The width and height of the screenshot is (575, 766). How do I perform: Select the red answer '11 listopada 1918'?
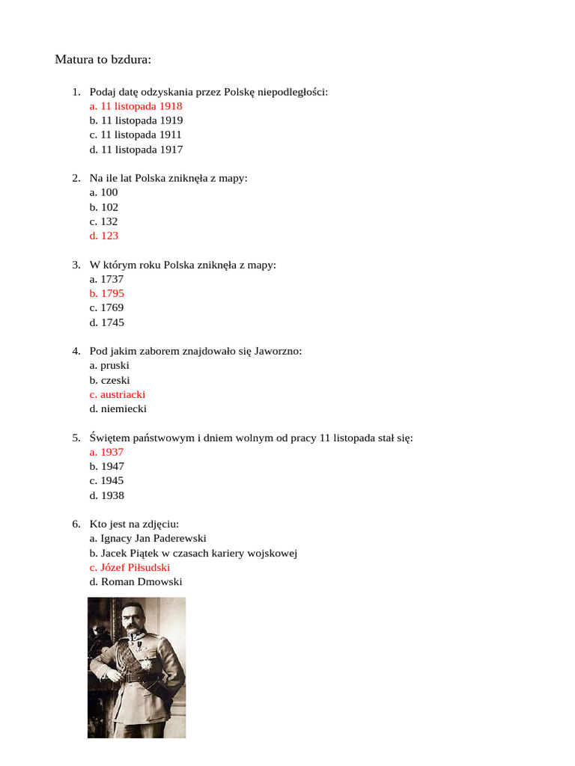point(136,106)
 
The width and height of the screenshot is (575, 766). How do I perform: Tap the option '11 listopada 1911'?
point(136,135)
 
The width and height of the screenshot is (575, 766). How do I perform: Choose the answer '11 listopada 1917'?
point(136,150)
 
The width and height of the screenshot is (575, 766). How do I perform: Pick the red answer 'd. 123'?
point(103,236)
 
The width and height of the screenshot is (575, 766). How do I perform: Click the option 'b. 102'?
point(103,207)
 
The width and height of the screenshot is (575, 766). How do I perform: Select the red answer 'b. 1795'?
point(106,293)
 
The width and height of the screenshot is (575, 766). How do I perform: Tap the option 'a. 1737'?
point(106,279)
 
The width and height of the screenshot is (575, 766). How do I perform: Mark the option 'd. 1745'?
point(106,322)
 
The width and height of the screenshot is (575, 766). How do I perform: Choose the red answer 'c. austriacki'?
point(117,394)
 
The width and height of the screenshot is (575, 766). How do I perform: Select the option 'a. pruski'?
point(109,365)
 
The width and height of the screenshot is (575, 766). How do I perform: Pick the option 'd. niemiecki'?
point(118,409)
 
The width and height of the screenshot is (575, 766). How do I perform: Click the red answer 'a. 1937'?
point(106,452)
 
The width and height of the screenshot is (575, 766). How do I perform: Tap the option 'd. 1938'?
point(106,495)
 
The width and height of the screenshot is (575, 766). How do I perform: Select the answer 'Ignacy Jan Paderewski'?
point(147,539)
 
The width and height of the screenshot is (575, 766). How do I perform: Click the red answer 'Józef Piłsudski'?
point(130,567)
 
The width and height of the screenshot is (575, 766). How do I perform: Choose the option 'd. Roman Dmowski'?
point(136,582)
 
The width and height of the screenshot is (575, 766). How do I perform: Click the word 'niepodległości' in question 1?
point(293,92)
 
